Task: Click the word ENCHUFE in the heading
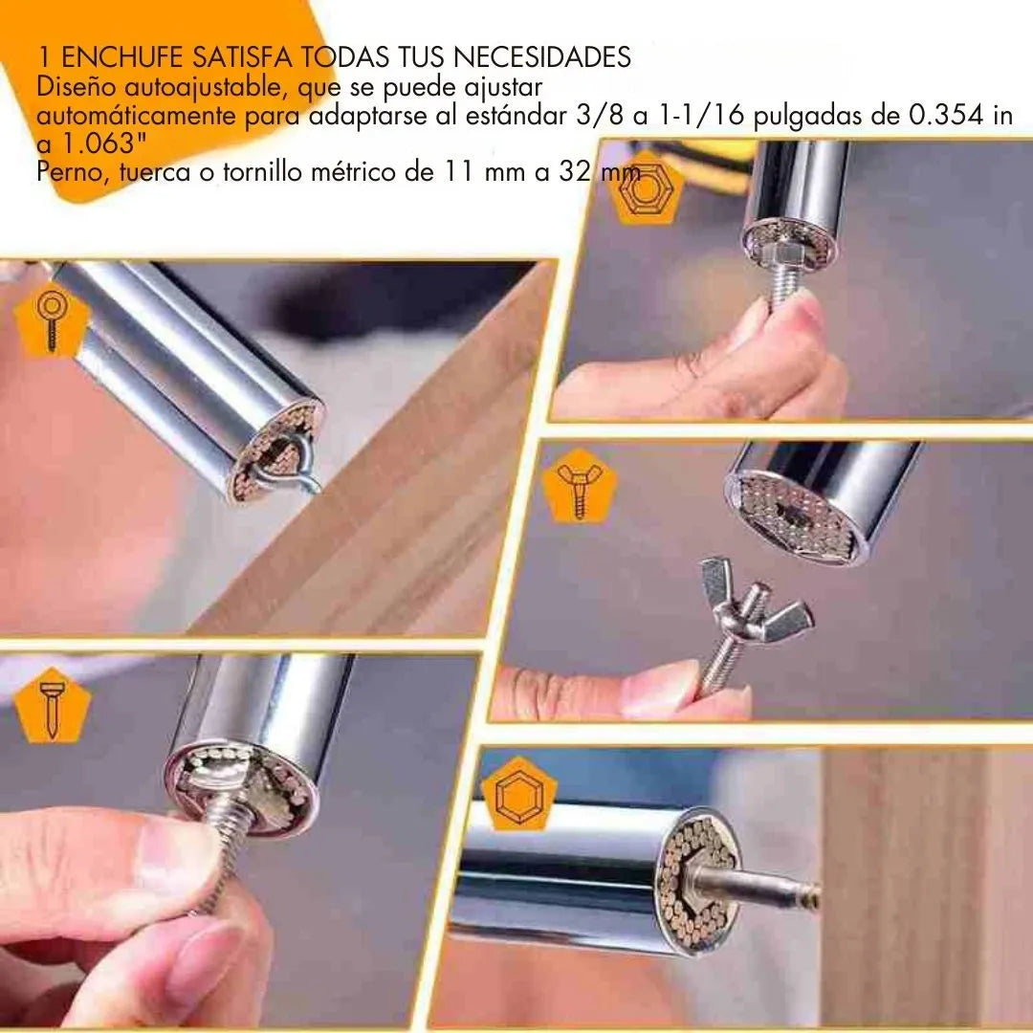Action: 121,57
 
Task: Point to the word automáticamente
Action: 136,116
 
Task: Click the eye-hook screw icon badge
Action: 52,321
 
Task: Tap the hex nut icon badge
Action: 646,188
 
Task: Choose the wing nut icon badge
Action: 580,487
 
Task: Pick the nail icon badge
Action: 52,705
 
